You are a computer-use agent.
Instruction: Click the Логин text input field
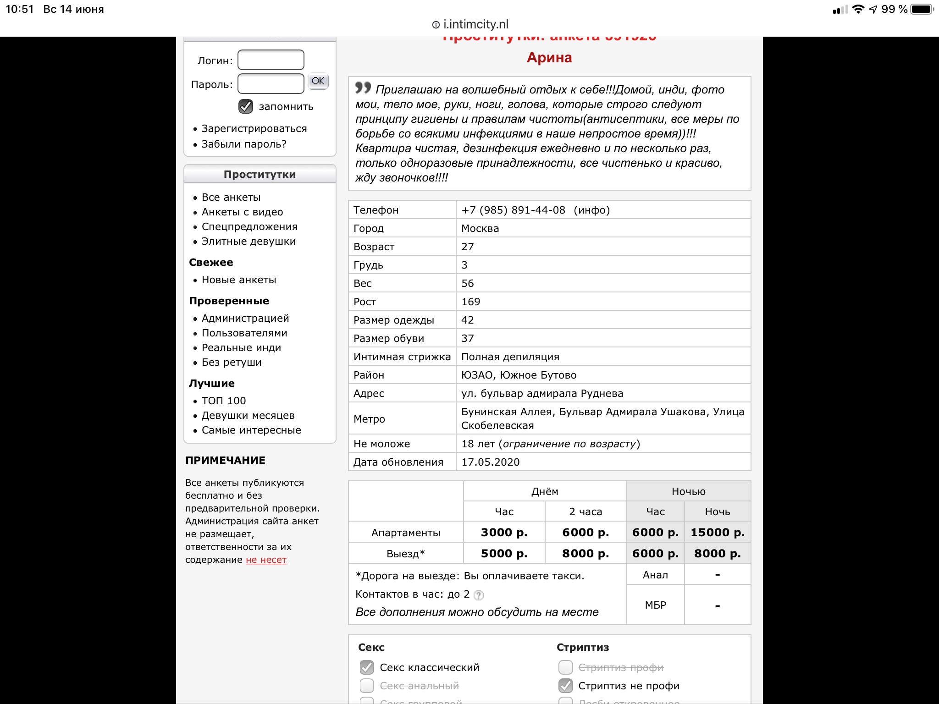click(271, 60)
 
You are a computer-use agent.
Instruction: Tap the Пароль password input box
click(271, 84)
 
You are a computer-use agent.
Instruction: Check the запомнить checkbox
click(246, 106)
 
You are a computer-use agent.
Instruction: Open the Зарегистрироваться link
click(254, 129)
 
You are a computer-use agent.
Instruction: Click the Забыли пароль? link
click(244, 144)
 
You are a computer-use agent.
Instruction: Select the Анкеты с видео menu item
click(242, 212)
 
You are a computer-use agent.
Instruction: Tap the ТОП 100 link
click(224, 401)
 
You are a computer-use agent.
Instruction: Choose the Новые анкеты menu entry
click(239, 280)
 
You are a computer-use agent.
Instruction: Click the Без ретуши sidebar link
click(232, 363)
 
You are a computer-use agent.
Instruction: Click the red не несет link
click(266, 560)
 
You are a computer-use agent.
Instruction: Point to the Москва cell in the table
click(480, 229)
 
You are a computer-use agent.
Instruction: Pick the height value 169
click(470, 302)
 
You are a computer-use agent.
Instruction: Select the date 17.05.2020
click(490, 462)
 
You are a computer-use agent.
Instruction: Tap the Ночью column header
click(688, 492)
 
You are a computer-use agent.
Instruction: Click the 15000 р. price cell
click(718, 533)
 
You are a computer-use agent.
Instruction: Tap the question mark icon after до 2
click(478, 595)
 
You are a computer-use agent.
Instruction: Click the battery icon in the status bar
click(922, 9)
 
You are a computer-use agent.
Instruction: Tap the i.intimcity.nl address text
click(475, 24)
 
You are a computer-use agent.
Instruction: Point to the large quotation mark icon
click(363, 87)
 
